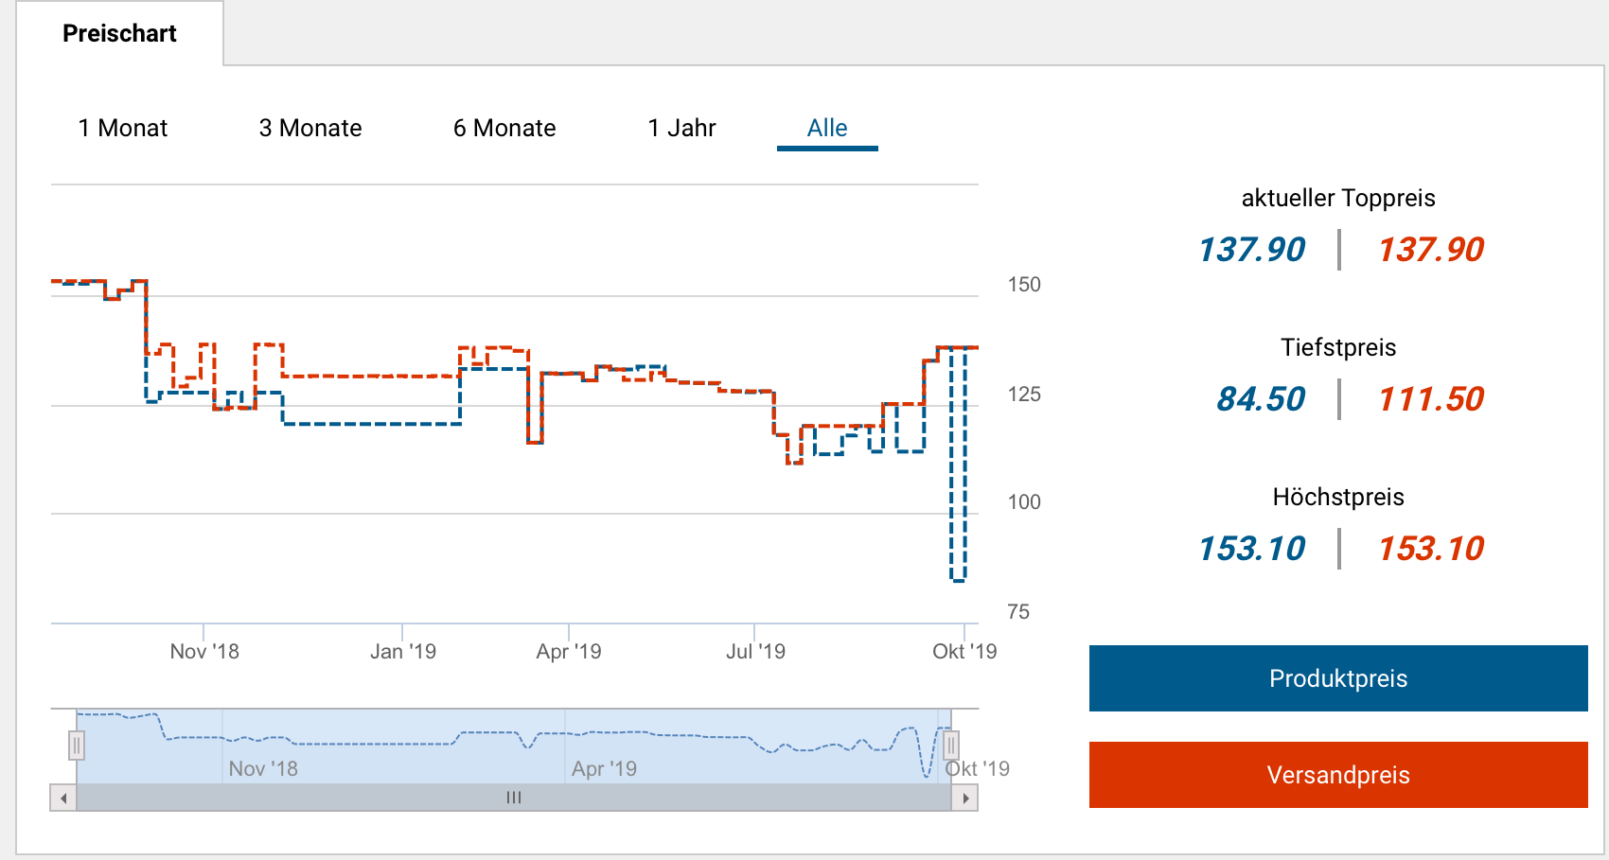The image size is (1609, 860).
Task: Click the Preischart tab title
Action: click(119, 34)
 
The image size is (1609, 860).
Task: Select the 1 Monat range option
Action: click(123, 128)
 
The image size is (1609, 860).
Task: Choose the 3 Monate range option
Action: click(310, 128)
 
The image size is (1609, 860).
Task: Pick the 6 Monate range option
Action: click(504, 128)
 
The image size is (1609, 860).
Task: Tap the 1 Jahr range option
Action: click(681, 128)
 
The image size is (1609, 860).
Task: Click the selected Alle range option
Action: click(827, 128)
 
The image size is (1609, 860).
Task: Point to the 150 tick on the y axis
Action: click(1024, 285)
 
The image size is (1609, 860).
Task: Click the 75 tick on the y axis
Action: click(1018, 612)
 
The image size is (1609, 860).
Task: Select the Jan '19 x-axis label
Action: click(403, 652)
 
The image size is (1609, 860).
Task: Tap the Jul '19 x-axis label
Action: click(755, 652)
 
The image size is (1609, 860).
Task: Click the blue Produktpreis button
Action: click(1338, 678)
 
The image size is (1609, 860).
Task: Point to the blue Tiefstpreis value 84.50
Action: click(1261, 399)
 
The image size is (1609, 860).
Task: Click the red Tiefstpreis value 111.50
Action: click(1431, 399)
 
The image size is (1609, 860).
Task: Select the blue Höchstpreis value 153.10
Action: click(1252, 549)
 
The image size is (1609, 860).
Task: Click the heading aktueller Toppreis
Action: click(1338, 198)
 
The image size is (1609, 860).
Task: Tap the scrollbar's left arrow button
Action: click(63, 799)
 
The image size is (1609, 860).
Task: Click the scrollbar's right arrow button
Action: click(964, 799)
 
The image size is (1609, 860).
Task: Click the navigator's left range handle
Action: click(77, 746)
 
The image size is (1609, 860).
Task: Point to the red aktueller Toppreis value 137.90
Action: click(1431, 250)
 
